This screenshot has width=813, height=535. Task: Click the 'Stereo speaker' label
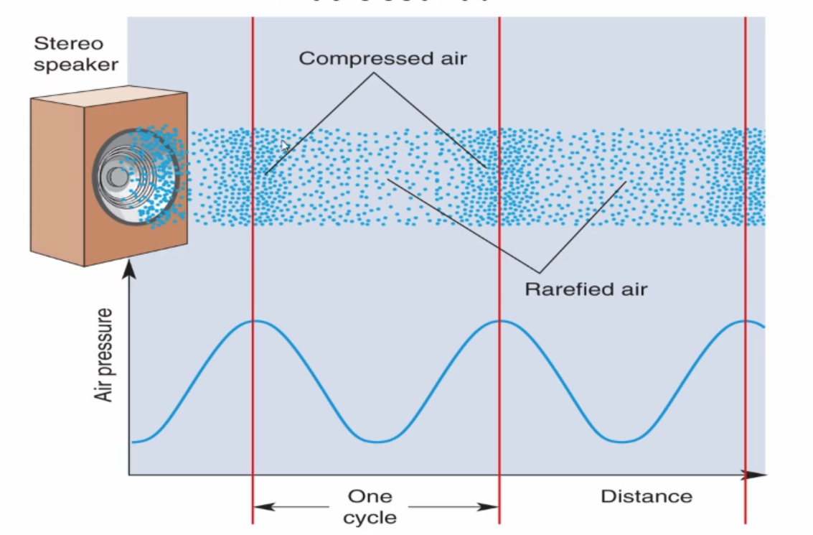[75, 54]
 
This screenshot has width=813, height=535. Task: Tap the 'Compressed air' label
[382, 58]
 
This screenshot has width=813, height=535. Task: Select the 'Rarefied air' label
[586, 289]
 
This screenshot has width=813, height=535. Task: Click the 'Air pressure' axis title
[105, 355]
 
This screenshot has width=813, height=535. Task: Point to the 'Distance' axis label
[646, 496]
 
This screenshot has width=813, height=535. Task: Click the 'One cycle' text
[370, 506]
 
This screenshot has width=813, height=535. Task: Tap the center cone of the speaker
[114, 177]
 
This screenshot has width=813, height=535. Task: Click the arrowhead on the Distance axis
[754, 475]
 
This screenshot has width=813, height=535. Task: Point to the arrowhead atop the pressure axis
[129, 269]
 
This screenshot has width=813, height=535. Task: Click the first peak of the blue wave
[253, 320]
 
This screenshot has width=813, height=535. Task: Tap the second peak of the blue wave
[499, 320]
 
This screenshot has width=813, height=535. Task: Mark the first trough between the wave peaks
[376, 441]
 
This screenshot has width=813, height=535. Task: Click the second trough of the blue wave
[623, 441]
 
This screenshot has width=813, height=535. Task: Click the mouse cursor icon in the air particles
[286, 147]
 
